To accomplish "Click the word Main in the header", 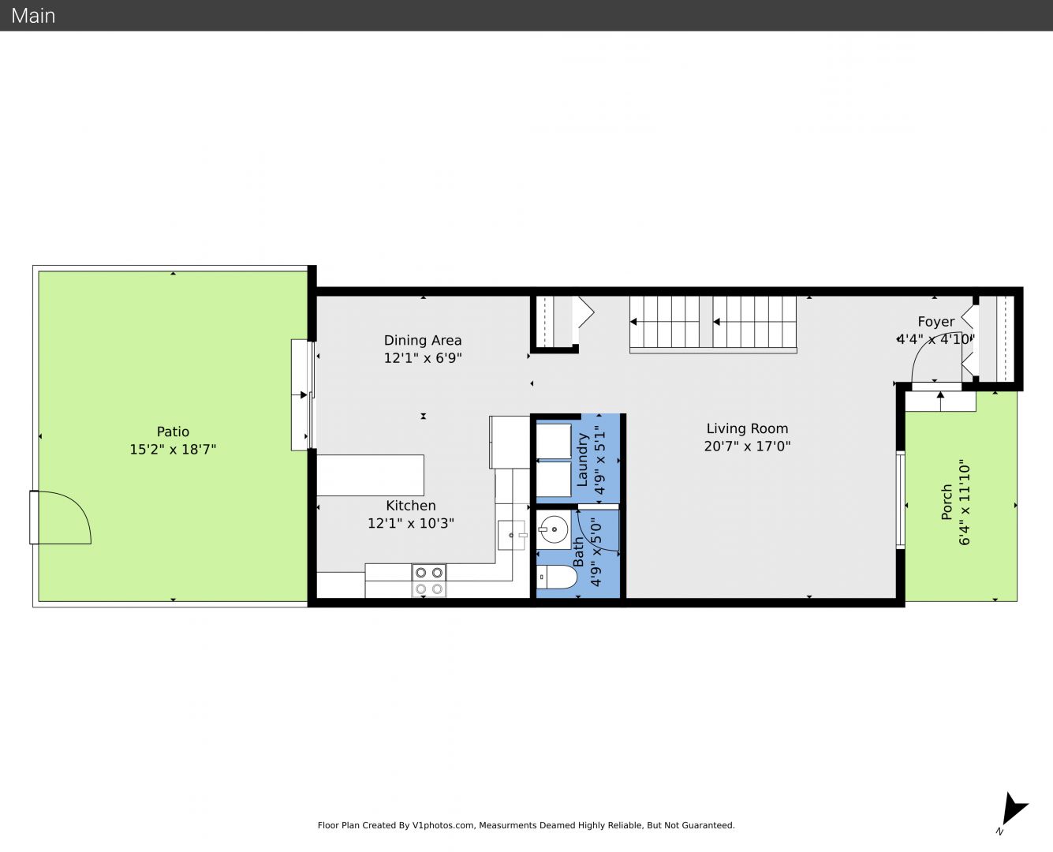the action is [x=33, y=16].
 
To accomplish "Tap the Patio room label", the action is [x=173, y=432].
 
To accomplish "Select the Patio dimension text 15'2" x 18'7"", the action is [x=173, y=450].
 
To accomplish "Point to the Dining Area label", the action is [x=423, y=340].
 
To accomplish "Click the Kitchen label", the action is [x=411, y=506].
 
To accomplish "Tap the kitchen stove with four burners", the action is [x=429, y=581].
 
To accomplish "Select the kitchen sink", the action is [x=511, y=535].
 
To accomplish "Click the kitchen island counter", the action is [x=370, y=475].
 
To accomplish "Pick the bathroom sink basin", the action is [x=554, y=529].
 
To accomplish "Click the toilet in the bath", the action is [x=557, y=577].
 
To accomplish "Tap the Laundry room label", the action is [x=583, y=459].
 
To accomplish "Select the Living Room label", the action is [x=747, y=428].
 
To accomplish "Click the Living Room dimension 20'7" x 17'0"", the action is [x=747, y=447].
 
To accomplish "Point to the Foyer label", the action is [x=935, y=321].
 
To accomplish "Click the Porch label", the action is [x=947, y=502].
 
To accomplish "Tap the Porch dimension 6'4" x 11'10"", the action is [x=965, y=503].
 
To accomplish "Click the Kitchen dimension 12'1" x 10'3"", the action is [x=411, y=523].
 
